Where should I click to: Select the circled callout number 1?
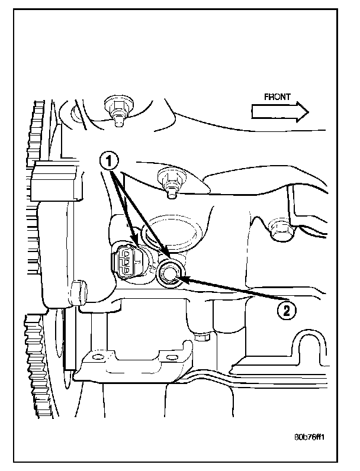[x=110, y=159]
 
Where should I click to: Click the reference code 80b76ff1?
[x=311, y=439]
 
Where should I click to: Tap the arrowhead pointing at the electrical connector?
[x=136, y=244]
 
